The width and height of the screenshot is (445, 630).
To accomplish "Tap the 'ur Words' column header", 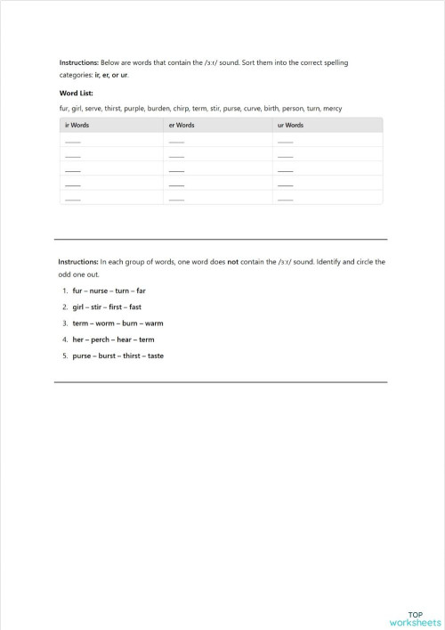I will click(290, 126).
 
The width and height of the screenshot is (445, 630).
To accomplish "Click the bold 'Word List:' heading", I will click(77, 92).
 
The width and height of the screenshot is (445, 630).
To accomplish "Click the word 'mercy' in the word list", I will click(333, 109).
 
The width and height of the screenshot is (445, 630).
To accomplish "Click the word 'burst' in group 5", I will click(104, 356).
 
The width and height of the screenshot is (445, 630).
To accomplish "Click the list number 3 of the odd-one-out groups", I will click(65, 323).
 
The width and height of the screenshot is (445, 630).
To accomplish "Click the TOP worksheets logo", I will click(414, 618).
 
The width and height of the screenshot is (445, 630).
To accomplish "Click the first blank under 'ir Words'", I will click(73, 141).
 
